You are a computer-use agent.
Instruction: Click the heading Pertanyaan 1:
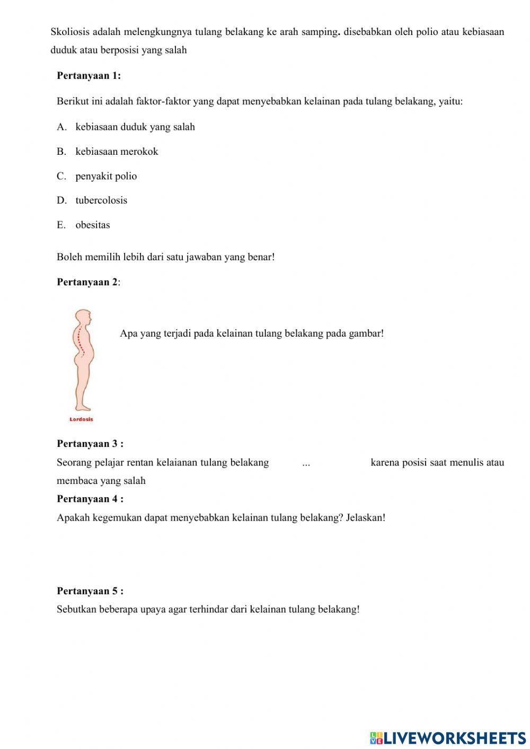click(x=89, y=76)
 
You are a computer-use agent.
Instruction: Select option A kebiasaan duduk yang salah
click(x=135, y=127)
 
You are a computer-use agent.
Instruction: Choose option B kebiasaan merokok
click(x=117, y=152)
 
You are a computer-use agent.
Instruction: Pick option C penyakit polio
click(x=105, y=176)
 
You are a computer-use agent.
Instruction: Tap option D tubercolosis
click(x=101, y=200)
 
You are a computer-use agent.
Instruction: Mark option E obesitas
click(x=92, y=225)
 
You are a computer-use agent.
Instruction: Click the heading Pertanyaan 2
click(x=87, y=282)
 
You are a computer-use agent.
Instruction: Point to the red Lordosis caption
click(x=81, y=419)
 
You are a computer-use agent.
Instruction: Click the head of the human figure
click(x=83, y=319)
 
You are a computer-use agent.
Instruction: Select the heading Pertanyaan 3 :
click(x=90, y=444)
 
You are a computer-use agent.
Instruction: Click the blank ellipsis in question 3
click(x=306, y=463)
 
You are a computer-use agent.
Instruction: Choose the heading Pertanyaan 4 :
click(x=90, y=499)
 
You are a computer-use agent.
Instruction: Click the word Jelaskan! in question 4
click(x=365, y=517)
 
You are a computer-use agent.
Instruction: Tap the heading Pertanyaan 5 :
click(x=90, y=591)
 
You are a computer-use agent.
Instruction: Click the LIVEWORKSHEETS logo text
click(x=454, y=737)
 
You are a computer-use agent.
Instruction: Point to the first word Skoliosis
click(x=70, y=32)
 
